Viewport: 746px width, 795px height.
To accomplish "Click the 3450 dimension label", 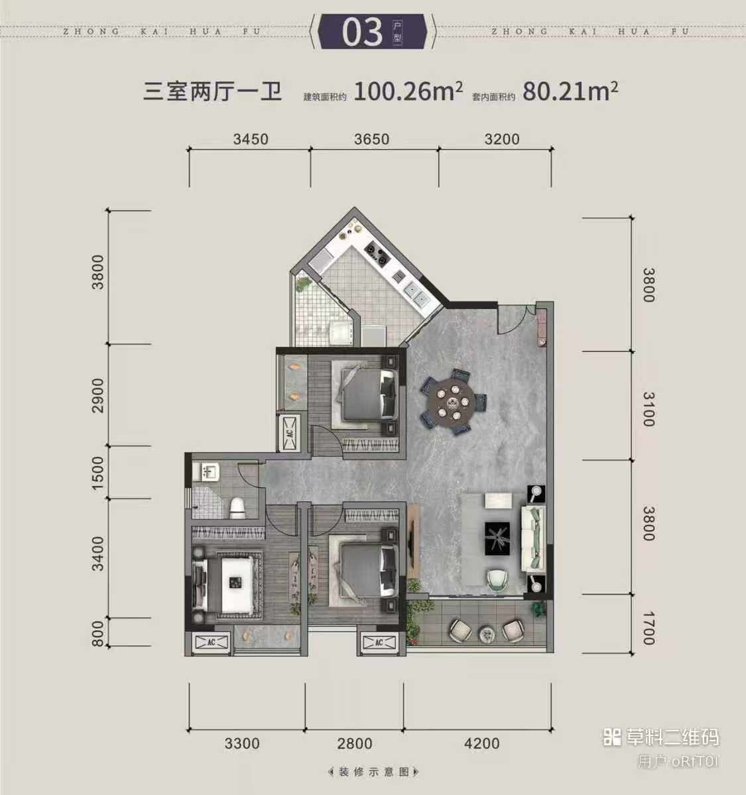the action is pyautogui.click(x=251, y=139).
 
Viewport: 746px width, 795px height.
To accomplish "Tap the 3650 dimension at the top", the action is pyautogui.click(x=372, y=139).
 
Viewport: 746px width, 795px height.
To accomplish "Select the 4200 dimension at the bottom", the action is pyautogui.click(x=482, y=744).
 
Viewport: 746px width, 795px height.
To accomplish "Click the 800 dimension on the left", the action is pyautogui.click(x=97, y=634).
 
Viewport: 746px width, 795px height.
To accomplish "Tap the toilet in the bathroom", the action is pyautogui.click(x=237, y=508).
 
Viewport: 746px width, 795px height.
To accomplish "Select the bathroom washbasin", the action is pyautogui.click(x=208, y=472).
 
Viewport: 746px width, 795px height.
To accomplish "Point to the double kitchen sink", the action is pyautogui.click(x=415, y=294).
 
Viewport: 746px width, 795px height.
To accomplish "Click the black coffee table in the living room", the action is pyautogui.click(x=497, y=538).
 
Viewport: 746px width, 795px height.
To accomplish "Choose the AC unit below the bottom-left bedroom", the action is pyautogui.click(x=212, y=642).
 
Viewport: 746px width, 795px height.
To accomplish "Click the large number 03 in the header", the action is pyautogui.click(x=361, y=32).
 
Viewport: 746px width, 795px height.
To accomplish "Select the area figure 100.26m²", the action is pyautogui.click(x=408, y=92).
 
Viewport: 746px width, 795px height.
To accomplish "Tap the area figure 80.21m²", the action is pyautogui.click(x=570, y=92).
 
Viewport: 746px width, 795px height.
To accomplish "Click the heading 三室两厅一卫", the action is pyautogui.click(x=212, y=92).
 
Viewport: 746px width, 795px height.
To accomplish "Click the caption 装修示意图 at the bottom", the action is pyautogui.click(x=374, y=772).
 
